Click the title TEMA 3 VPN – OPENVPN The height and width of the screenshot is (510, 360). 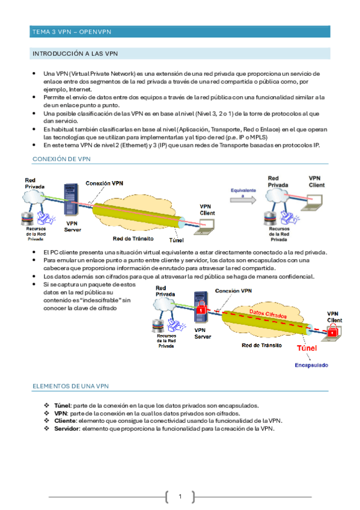point(72,32)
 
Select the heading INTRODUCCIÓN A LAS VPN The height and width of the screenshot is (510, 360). point(75,54)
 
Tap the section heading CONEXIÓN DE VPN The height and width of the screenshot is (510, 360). point(61,159)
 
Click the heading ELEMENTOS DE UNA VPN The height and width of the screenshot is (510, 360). point(70,386)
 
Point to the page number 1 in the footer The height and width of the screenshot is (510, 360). point(180,496)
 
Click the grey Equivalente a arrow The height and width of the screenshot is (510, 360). point(243,200)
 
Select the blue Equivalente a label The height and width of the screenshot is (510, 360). point(243,192)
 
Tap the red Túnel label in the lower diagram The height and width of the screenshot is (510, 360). point(307,348)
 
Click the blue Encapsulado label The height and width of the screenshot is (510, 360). point(311,365)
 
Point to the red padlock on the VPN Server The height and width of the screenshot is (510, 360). point(201,307)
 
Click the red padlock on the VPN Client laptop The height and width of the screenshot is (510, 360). point(332,330)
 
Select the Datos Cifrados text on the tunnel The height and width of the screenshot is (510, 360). point(268,313)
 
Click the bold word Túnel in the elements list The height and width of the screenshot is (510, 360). point(63,405)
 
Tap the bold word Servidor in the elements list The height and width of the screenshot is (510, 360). point(67,429)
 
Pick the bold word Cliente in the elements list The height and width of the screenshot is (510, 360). point(66,421)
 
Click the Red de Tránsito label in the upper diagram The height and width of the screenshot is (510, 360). point(133,239)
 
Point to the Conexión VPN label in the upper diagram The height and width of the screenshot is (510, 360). point(105,183)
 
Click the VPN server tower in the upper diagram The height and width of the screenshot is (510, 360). point(71,200)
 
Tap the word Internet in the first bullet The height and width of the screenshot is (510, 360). point(80,90)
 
